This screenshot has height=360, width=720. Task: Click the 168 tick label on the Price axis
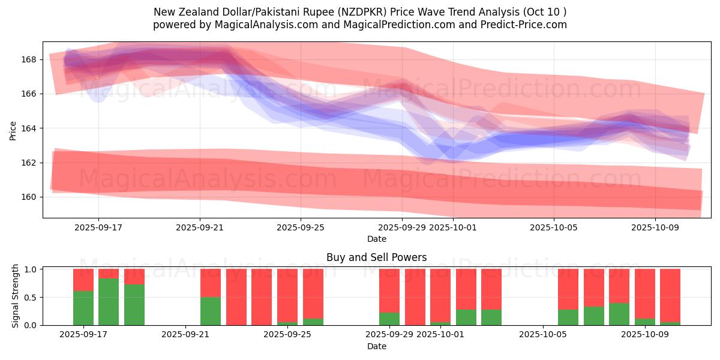tap(29, 59)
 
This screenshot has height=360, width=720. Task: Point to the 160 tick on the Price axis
tap(29, 197)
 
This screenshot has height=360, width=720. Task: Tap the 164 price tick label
tap(29, 128)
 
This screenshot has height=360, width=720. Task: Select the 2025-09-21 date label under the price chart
tap(200, 228)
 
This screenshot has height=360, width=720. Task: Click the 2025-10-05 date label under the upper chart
tap(554, 228)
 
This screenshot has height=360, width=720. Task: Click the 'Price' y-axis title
tap(13, 130)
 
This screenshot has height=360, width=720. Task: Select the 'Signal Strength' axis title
tap(16, 296)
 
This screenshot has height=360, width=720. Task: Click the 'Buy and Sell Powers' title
tap(376, 257)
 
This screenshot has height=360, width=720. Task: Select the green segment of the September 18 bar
tap(109, 301)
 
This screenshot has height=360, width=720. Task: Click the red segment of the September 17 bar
tap(83, 280)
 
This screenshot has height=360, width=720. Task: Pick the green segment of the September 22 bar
tap(211, 311)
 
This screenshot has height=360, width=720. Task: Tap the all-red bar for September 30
tap(415, 297)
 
